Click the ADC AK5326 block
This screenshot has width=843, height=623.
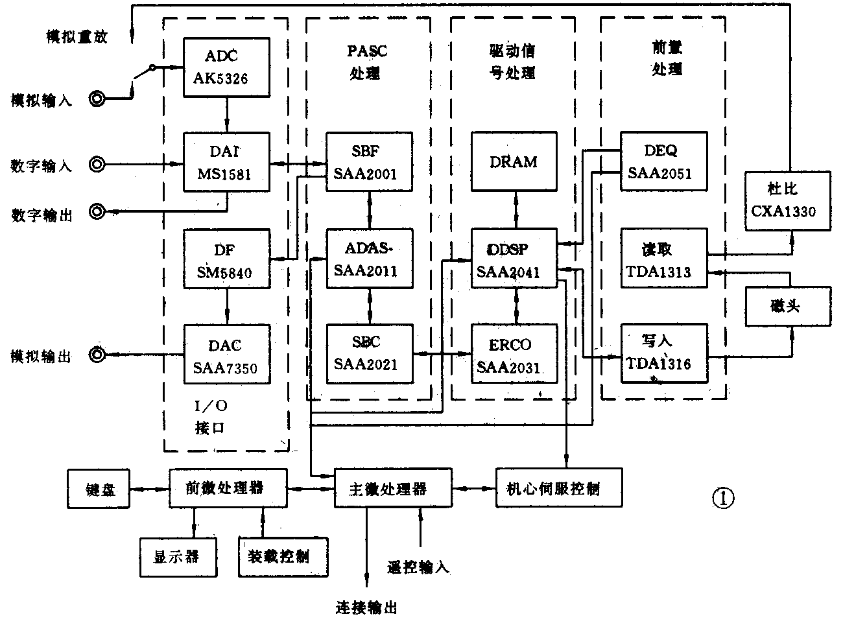click(x=226, y=67)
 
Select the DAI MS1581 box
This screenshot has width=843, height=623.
click(x=226, y=163)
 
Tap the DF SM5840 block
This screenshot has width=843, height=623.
click(x=226, y=259)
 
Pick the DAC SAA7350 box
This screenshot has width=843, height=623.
click(x=226, y=355)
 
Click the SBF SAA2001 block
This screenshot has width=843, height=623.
click(x=369, y=162)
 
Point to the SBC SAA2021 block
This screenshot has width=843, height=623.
click(x=369, y=353)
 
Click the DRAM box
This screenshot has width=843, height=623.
click(x=514, y=162)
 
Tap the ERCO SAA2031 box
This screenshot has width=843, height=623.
click(x=514, y=353)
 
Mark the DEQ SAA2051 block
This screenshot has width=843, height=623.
click(x=663, y=161)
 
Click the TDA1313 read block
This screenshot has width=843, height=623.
click(x=663, y=259)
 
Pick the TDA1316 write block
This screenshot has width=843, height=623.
click(x=663, y=353)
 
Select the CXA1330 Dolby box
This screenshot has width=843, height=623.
click(x=787, y=201)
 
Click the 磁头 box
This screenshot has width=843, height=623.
click(x=787, y=306)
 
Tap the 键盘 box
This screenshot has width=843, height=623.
click(x=98, y=489)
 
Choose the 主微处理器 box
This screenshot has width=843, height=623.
click(x=392, y=488)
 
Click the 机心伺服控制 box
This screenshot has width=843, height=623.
click(x=559, y=488)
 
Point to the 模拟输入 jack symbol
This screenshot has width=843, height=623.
click(x=97, y=100)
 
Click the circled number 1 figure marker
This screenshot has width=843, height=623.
click(x=723, y=499)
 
